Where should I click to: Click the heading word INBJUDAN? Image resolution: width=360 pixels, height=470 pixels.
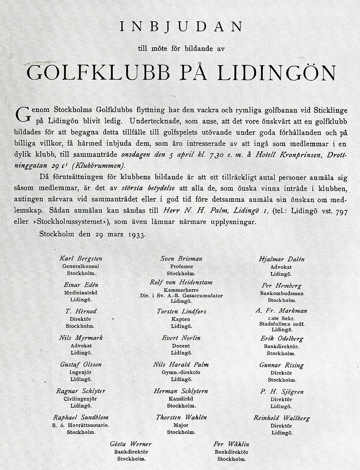click(x=181, y=27)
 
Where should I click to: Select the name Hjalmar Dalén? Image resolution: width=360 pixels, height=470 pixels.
click(x=282, y=259)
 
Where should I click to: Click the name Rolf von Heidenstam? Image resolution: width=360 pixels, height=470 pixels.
click(x=181, y=282)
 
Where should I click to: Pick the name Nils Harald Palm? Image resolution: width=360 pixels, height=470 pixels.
click(x=180, y=365)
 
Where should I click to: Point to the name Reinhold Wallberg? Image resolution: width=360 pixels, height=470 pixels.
click(x=282, y=418)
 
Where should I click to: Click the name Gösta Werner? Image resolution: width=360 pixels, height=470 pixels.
click(x=131, y=444)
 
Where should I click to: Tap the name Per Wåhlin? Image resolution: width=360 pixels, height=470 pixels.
click(x=231, y=444)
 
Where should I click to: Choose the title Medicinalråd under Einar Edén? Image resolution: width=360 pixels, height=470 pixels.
click(x=81, y=293)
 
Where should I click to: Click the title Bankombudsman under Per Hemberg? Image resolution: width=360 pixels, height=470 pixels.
click(x=282, y=293)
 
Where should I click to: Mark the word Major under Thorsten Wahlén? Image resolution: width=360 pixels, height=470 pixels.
click(x=181, y=425)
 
